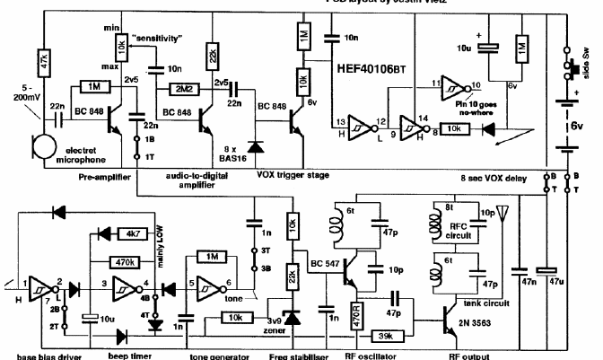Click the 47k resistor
point(43,60)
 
